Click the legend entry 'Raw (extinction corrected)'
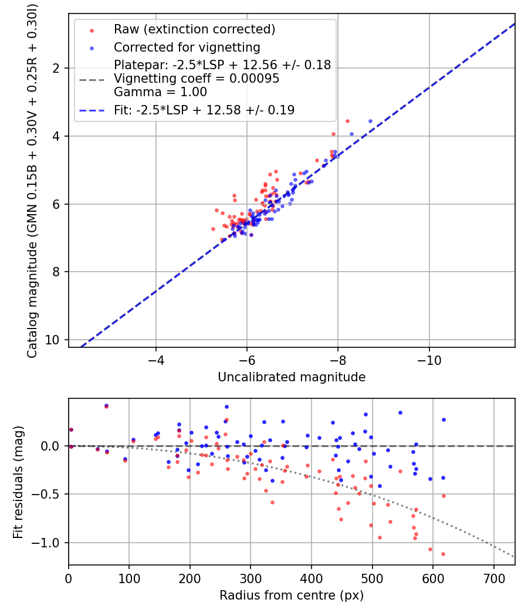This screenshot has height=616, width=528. tap(194, 29)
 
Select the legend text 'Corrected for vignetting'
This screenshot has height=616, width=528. tap(187, 47)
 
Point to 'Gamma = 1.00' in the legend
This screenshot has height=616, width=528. tap(160, 92)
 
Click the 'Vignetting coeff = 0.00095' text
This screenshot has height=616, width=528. tap(197, 78)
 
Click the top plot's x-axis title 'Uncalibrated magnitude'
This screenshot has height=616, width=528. tap(292, 377)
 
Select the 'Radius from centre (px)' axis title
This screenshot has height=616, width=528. tap(292, 595)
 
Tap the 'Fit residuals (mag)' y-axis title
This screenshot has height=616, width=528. tap(18, 482)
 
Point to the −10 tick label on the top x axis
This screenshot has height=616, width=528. tap(429, 361)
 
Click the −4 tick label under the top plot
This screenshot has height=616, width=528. tap(156, 361)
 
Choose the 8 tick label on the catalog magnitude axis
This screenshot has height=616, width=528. tap(56, 272)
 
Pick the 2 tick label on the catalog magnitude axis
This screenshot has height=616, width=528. tap(56, 69)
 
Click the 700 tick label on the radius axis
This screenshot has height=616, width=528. tap(493, 578)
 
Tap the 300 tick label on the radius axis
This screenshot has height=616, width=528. tap(251, 578)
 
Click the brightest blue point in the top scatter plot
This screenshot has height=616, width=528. tap(370, 121)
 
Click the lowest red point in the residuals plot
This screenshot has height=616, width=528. tap(443, 554)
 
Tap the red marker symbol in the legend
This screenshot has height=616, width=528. tap(92, 31)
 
